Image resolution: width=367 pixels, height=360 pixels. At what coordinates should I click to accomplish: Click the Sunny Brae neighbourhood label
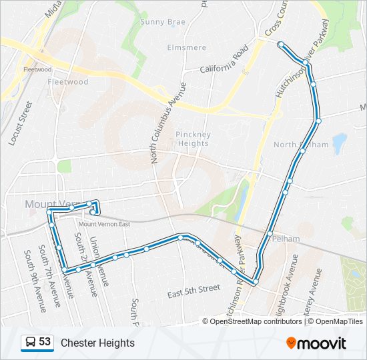pos(163,21)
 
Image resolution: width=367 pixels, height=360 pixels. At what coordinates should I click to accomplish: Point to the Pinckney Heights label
pos(193,139)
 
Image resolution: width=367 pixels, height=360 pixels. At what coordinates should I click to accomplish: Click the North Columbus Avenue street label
pos(163,123)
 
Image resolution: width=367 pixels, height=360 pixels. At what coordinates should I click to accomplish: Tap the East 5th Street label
pos(194,289)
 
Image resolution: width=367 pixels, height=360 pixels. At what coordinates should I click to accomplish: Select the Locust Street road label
pos(20,123)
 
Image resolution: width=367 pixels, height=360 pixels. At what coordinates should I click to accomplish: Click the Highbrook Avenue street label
pos(283,294)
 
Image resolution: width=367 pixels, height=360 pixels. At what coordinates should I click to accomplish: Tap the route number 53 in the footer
pos(45,342)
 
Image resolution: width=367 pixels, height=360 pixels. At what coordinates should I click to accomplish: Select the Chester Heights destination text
pos(97,343)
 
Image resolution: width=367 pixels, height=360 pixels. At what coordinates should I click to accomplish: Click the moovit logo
pos(316,343)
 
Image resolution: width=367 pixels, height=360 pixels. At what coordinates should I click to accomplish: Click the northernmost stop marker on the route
pos(281,45)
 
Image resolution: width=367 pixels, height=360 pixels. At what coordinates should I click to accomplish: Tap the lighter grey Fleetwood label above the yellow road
pos(37,69)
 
